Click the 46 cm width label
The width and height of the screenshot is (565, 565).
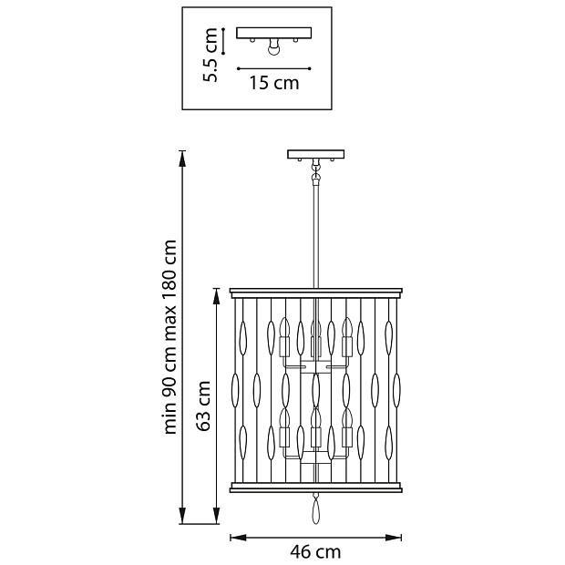315,551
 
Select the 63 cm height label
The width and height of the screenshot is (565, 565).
203,406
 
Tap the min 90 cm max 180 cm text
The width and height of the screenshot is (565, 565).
170,337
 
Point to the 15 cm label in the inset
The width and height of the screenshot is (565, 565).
274,83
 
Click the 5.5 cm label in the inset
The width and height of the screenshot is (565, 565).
211,55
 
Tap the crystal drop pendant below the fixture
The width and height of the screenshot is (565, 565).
315,508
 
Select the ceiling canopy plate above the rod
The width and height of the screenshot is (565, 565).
315,154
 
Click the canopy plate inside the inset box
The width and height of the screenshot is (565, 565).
274,33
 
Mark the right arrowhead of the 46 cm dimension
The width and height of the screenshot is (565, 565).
394,538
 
